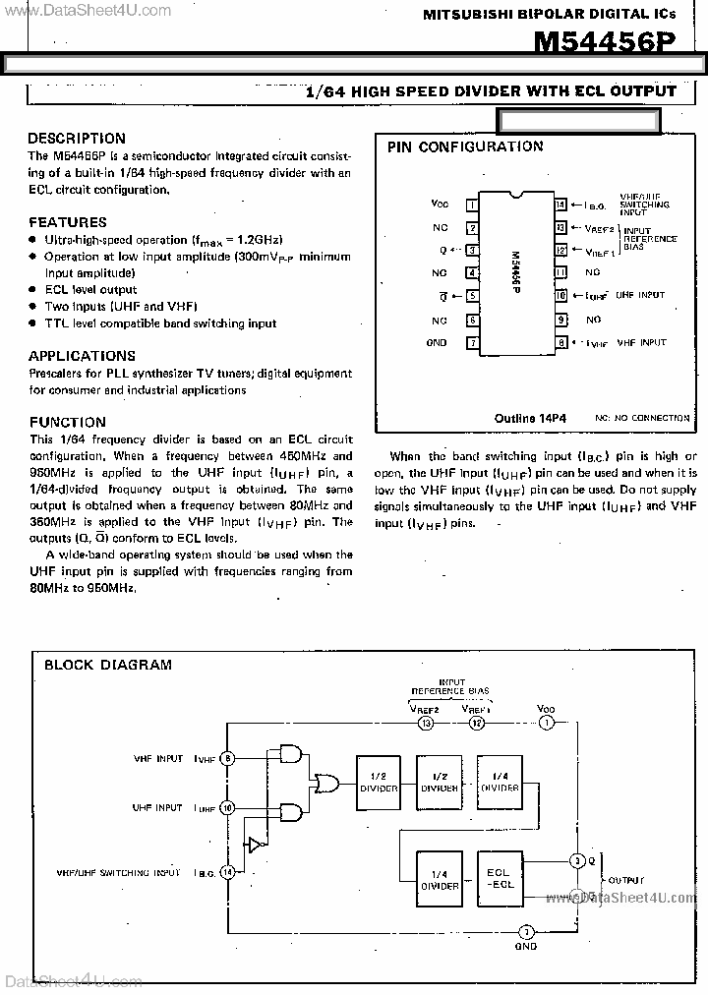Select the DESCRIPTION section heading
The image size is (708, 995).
pos(77,139)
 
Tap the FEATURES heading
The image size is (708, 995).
pos(68,222)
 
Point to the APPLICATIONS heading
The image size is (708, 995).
pos(82,356)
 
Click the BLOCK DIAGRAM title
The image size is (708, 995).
pos(108,665)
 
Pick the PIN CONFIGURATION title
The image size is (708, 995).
pos(465,146)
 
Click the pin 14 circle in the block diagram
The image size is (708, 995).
pos(227,872)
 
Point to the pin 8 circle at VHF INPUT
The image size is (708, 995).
pos(227,758)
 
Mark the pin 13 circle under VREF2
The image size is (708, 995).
pos(426,724)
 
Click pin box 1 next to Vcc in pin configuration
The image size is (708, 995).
pos(472,205)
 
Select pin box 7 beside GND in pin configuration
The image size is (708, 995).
pos(472,343)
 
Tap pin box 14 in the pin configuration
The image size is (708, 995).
pos(560,205)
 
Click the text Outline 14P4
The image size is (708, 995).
pos(532,417)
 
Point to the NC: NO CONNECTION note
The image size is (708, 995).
pos(642,418)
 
